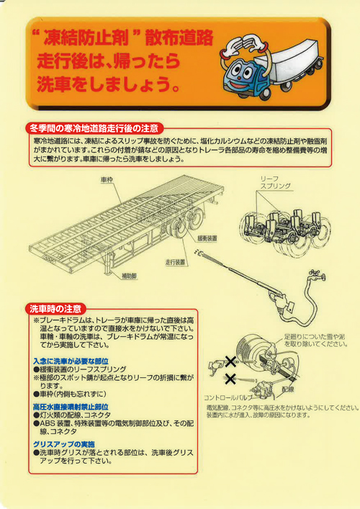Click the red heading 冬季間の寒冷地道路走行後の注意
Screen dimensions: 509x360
(x=93, y=127)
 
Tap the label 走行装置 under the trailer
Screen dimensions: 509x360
(x=176, y=261)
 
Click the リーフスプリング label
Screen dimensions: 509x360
(x=276, y=181)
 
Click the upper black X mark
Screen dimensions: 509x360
(x=230, y=361)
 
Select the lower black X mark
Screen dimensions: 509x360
(x=230, y=379)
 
